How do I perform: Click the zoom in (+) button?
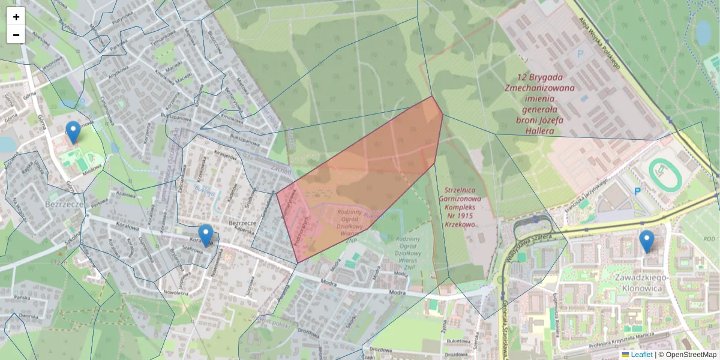click(x=16, y=17)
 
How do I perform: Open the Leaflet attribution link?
click(x=641, y=355)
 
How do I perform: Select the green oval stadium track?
click(x=665, y=175)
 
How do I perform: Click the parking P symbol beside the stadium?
click(x=638, y=191)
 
